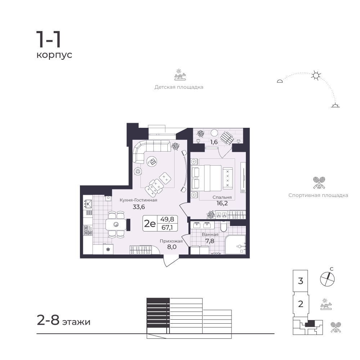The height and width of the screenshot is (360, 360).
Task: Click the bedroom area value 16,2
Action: coord(222,203)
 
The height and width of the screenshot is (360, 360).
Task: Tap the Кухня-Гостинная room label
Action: coord(139,200)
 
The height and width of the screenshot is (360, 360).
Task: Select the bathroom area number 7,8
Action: coord(210,241)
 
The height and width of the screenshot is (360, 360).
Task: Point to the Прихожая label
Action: coord(171,241)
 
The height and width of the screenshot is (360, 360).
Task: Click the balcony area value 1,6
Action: coord(214,142)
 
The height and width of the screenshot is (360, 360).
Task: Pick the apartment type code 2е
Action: coord(150,223)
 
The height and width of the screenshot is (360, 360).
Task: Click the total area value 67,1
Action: coord(167,228)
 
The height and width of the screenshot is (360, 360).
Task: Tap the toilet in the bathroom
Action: coord(224,226)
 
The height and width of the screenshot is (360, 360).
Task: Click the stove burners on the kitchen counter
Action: coord(88,230)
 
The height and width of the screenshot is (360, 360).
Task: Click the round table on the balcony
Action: coord(215,133)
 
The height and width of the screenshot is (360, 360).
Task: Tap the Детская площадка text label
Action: coord(179,87)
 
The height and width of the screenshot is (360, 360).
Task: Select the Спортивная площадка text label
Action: coord(318,195)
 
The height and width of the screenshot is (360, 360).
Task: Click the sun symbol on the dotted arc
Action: coord(316,76)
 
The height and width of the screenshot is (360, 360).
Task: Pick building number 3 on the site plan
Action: coord(301,281)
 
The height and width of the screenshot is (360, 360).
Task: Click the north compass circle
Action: coord(327,279)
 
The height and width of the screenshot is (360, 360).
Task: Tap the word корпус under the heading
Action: coord(54,55)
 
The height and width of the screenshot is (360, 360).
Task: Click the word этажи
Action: coord(76,322)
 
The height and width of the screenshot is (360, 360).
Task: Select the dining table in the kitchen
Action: coord(116,225)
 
